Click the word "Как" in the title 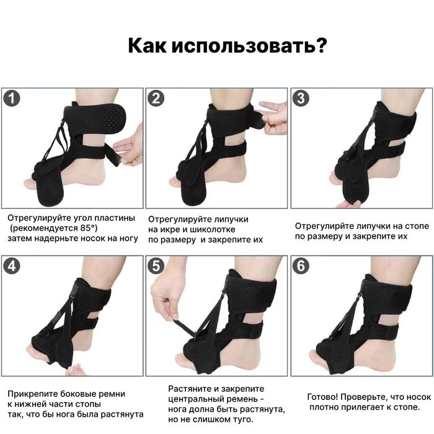pyautogui.click(x=146, y=45)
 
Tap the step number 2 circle pyautogui.click(x=156, y=98)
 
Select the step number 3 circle pyautogui.click(x=301, y=98)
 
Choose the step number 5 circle pyautogui.click(x=156, y=266)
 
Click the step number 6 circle pyautogui.click(x=301, y=266)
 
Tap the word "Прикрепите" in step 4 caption pyautogui.click(x=32, y=394)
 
